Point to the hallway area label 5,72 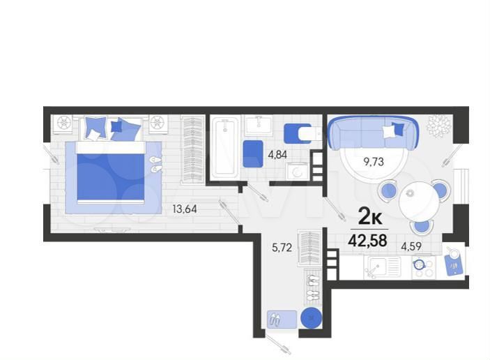(x=282, y=246)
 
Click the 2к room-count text (x=369, y=217)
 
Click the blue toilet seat (x=297, y=133)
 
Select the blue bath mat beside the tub (x=252, y=153)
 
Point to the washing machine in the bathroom (x=298, y=172)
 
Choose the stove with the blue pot (x=421, y=265)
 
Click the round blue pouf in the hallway (x=311, y=318)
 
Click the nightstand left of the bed (x=63, y=123)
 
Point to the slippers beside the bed (x=155, y=165)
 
